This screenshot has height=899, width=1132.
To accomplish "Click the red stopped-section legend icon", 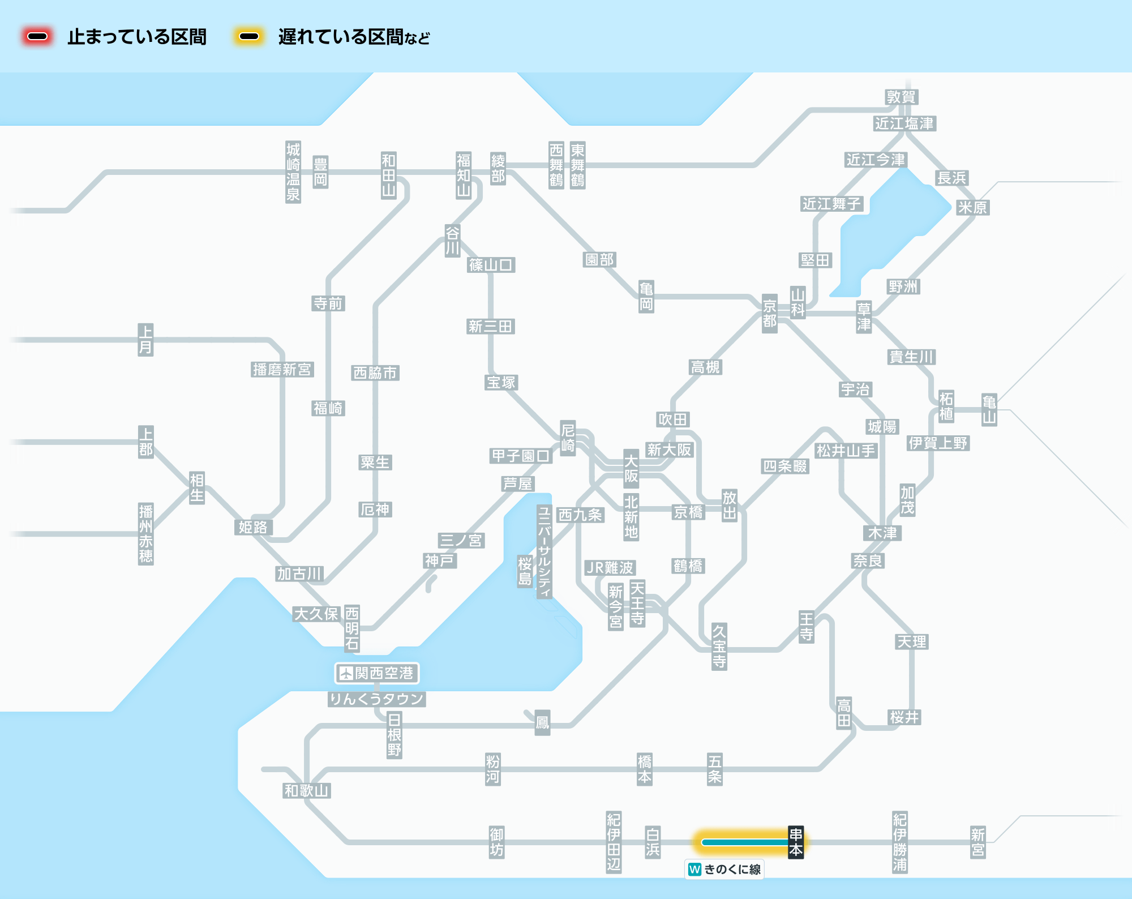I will coord(37,37).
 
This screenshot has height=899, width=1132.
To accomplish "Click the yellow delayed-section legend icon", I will coord(248,37).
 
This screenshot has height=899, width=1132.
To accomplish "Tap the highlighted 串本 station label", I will coord(796,842).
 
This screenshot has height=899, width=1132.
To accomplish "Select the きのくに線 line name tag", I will coord(724,869).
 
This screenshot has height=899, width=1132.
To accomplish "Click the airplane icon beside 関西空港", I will coord(345,673).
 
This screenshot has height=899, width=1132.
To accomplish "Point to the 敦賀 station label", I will coord(901,97).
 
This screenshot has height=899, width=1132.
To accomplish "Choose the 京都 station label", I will coord(769,313).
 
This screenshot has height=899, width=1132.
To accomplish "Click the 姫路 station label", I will coord(253,527).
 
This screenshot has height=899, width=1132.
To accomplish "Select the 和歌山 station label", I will coord(306,790).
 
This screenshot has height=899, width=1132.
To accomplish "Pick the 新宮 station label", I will coord(977,842).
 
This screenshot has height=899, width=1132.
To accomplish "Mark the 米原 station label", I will coord(972,207).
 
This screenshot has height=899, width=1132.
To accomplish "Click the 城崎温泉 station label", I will coord(293,172).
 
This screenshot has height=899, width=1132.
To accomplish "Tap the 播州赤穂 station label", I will coord(145,534).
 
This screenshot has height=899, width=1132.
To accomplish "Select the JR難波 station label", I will coord(610,567).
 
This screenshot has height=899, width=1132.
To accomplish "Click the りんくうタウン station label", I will coord(376,699).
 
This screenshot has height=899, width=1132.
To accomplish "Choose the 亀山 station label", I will coord(989,410).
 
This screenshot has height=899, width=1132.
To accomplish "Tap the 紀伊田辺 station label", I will coord(614,842).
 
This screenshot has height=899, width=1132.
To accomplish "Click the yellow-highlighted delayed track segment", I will coord(744,842).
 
